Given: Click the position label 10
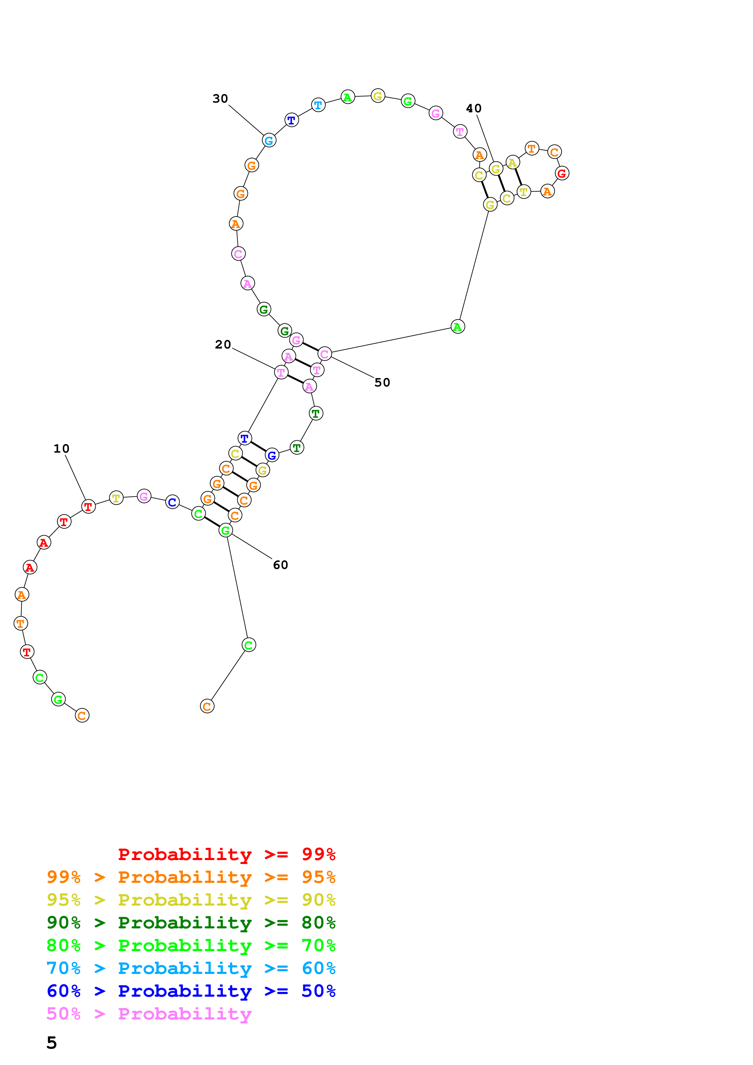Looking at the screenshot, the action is pos(61,448).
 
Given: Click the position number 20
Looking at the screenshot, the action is pos(223,344).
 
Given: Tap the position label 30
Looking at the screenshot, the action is pos(221,98).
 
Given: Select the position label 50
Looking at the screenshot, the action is pos(382,382).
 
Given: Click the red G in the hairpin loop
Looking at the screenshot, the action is pos(562,173).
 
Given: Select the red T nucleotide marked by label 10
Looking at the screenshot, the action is pos(88,506).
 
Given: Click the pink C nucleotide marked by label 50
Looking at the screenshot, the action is pos(325,354).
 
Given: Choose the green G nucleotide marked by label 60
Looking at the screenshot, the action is pos(225,530).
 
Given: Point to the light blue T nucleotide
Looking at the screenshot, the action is pos(318,105).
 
